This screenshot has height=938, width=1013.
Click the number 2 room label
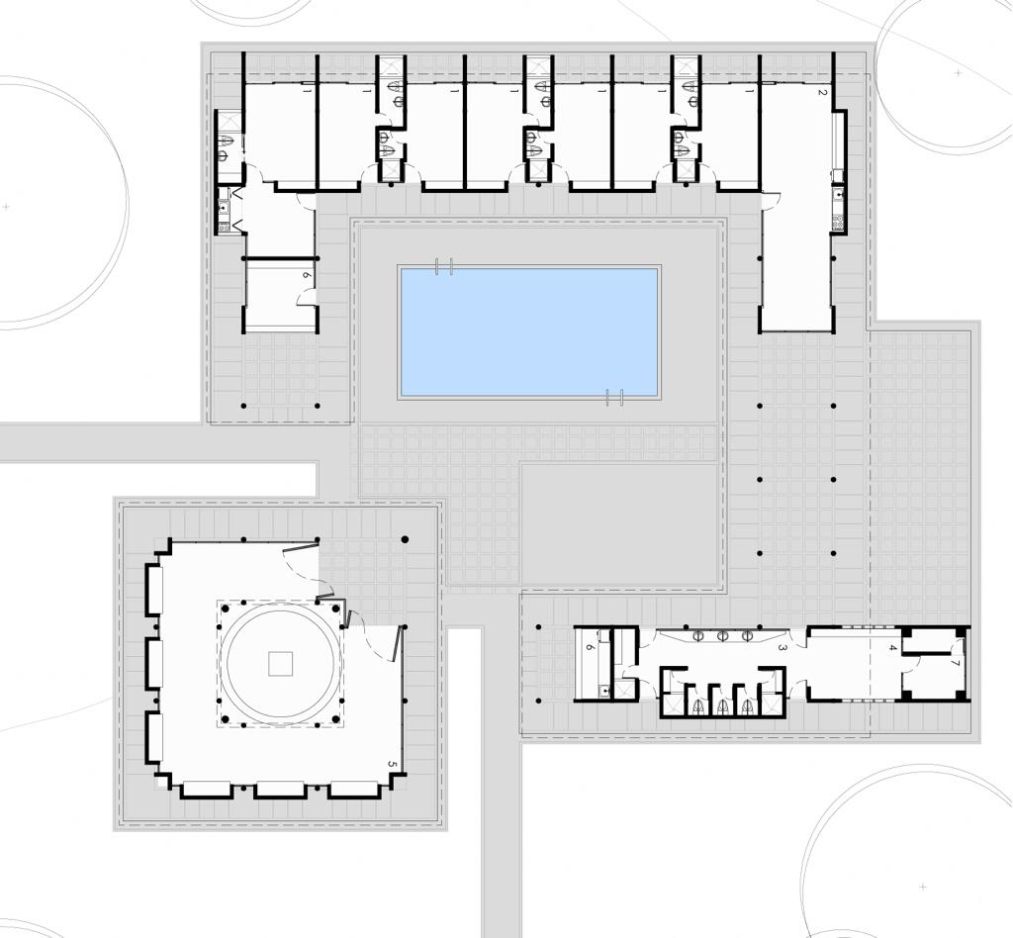tap(822, 92)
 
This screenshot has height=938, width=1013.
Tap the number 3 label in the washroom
tap(783, 647)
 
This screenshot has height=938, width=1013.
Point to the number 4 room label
tap(892, 647)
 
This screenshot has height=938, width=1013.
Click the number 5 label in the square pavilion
tap(392, 764)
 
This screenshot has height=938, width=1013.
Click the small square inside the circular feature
tap(281, 663)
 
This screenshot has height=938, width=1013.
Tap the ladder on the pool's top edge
tap(444, 266)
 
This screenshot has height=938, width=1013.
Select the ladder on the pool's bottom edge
tap(614, 397)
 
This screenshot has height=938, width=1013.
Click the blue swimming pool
tap(529, 331)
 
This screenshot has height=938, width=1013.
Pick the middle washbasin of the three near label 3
tap(723, 635)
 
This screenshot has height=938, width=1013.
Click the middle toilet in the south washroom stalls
tap(723, 704)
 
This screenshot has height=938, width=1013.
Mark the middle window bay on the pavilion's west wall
tap(154, 663)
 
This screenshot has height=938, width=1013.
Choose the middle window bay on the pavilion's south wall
tap(280, 789)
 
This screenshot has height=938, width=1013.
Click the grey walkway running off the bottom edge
tap(502, 841)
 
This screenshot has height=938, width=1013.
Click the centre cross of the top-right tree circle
tap(958, 72)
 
